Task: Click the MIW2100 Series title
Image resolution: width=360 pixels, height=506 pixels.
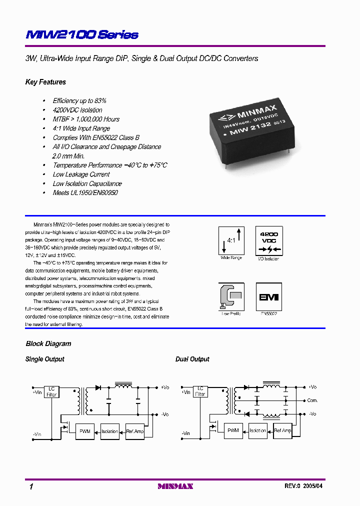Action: pyautogui.click(x=82, y=34)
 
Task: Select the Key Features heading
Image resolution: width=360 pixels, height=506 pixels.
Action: pyautogui.click(x=45, y=82)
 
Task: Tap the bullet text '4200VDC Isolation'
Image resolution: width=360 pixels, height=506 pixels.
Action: pyautogui.click(x=77, y=110)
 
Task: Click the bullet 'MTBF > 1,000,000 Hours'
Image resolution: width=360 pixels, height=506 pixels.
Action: pyautogui.click(x=86, y=119)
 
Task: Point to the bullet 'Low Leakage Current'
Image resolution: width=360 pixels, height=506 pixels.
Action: pyautogui.click(x=81, y=174)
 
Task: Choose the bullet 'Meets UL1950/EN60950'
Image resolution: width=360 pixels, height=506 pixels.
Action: pyautogui.click(x=85, y=192)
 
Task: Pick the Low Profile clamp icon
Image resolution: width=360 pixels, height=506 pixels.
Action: pyautogui.click(x=231, y=297)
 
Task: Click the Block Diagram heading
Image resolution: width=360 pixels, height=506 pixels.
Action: pyautogui.click(x=48, y=344)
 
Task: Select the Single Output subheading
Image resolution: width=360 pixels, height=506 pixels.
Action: pyautogui.click(x=45, y=359)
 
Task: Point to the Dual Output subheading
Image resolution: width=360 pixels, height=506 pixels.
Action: pyautogui.click(x=192, y=359)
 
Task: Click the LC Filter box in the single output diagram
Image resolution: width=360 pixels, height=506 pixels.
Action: pyautogui.click(x=52, y=391)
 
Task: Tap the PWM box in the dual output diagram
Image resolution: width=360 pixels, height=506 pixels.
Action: pyautogui.click(x=233, y=430)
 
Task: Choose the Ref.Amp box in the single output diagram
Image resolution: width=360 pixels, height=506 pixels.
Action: pyautogui.click(x=134, y=431)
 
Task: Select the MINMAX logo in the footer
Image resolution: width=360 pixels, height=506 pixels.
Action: pyautogui.click(x=175, y=486)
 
